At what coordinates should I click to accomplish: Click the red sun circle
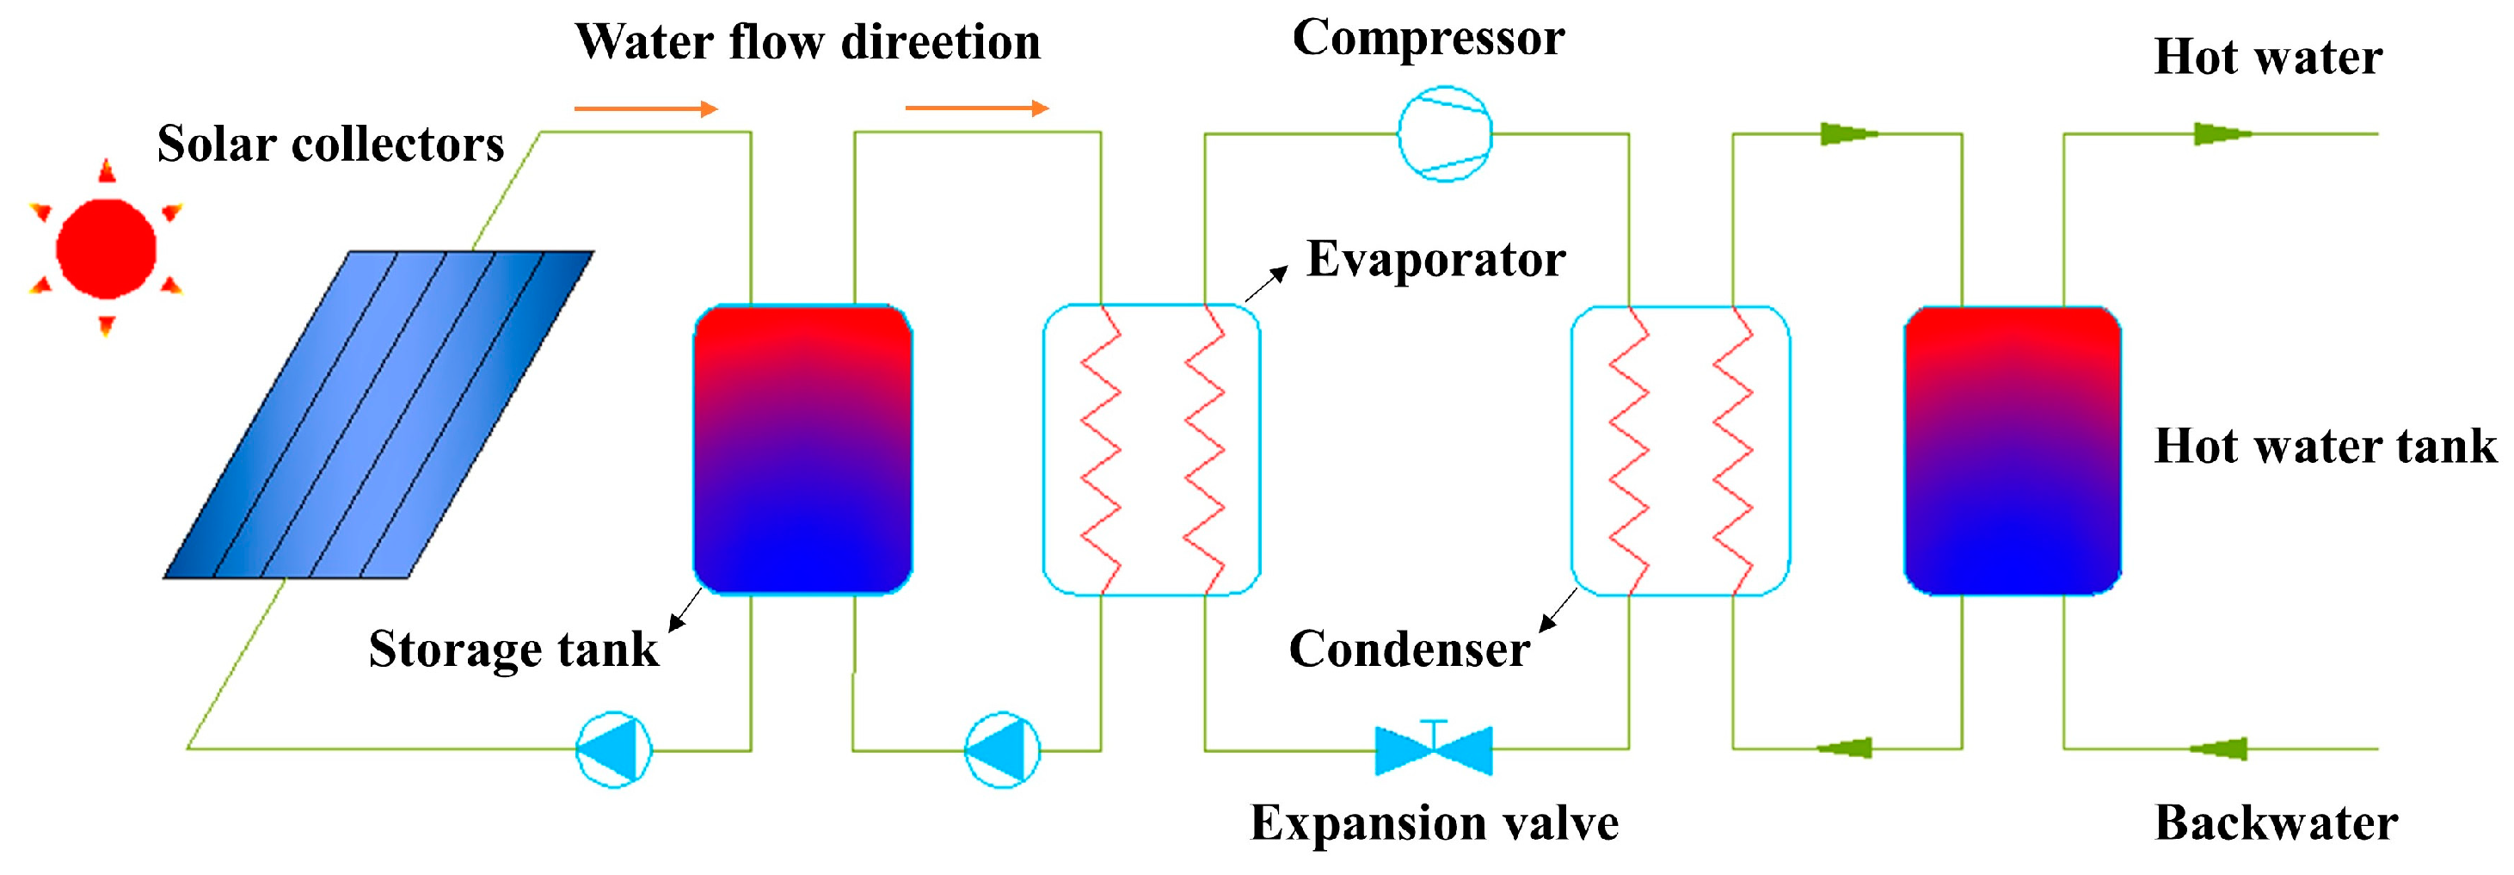107,248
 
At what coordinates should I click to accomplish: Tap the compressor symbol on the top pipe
1444,134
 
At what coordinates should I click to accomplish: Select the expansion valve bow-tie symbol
1433,750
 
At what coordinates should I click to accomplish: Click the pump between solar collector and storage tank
614,750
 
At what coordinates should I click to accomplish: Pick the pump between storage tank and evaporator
1002,750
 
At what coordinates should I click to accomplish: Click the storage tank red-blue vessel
802,449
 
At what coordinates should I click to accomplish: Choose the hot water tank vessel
2013,449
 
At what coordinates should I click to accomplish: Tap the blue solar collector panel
378,414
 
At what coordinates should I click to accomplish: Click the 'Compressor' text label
1428,39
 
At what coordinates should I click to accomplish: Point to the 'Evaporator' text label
1435,260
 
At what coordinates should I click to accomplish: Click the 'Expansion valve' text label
1434,823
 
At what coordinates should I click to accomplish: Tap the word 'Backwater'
2275,823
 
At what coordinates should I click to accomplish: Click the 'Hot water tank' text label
2325,447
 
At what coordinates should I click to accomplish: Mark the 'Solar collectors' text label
331,145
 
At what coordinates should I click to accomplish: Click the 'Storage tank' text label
513,650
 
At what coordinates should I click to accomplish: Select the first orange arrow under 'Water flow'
646,108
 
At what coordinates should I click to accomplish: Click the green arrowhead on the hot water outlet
2222,134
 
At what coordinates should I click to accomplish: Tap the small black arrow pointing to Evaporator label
1266,282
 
